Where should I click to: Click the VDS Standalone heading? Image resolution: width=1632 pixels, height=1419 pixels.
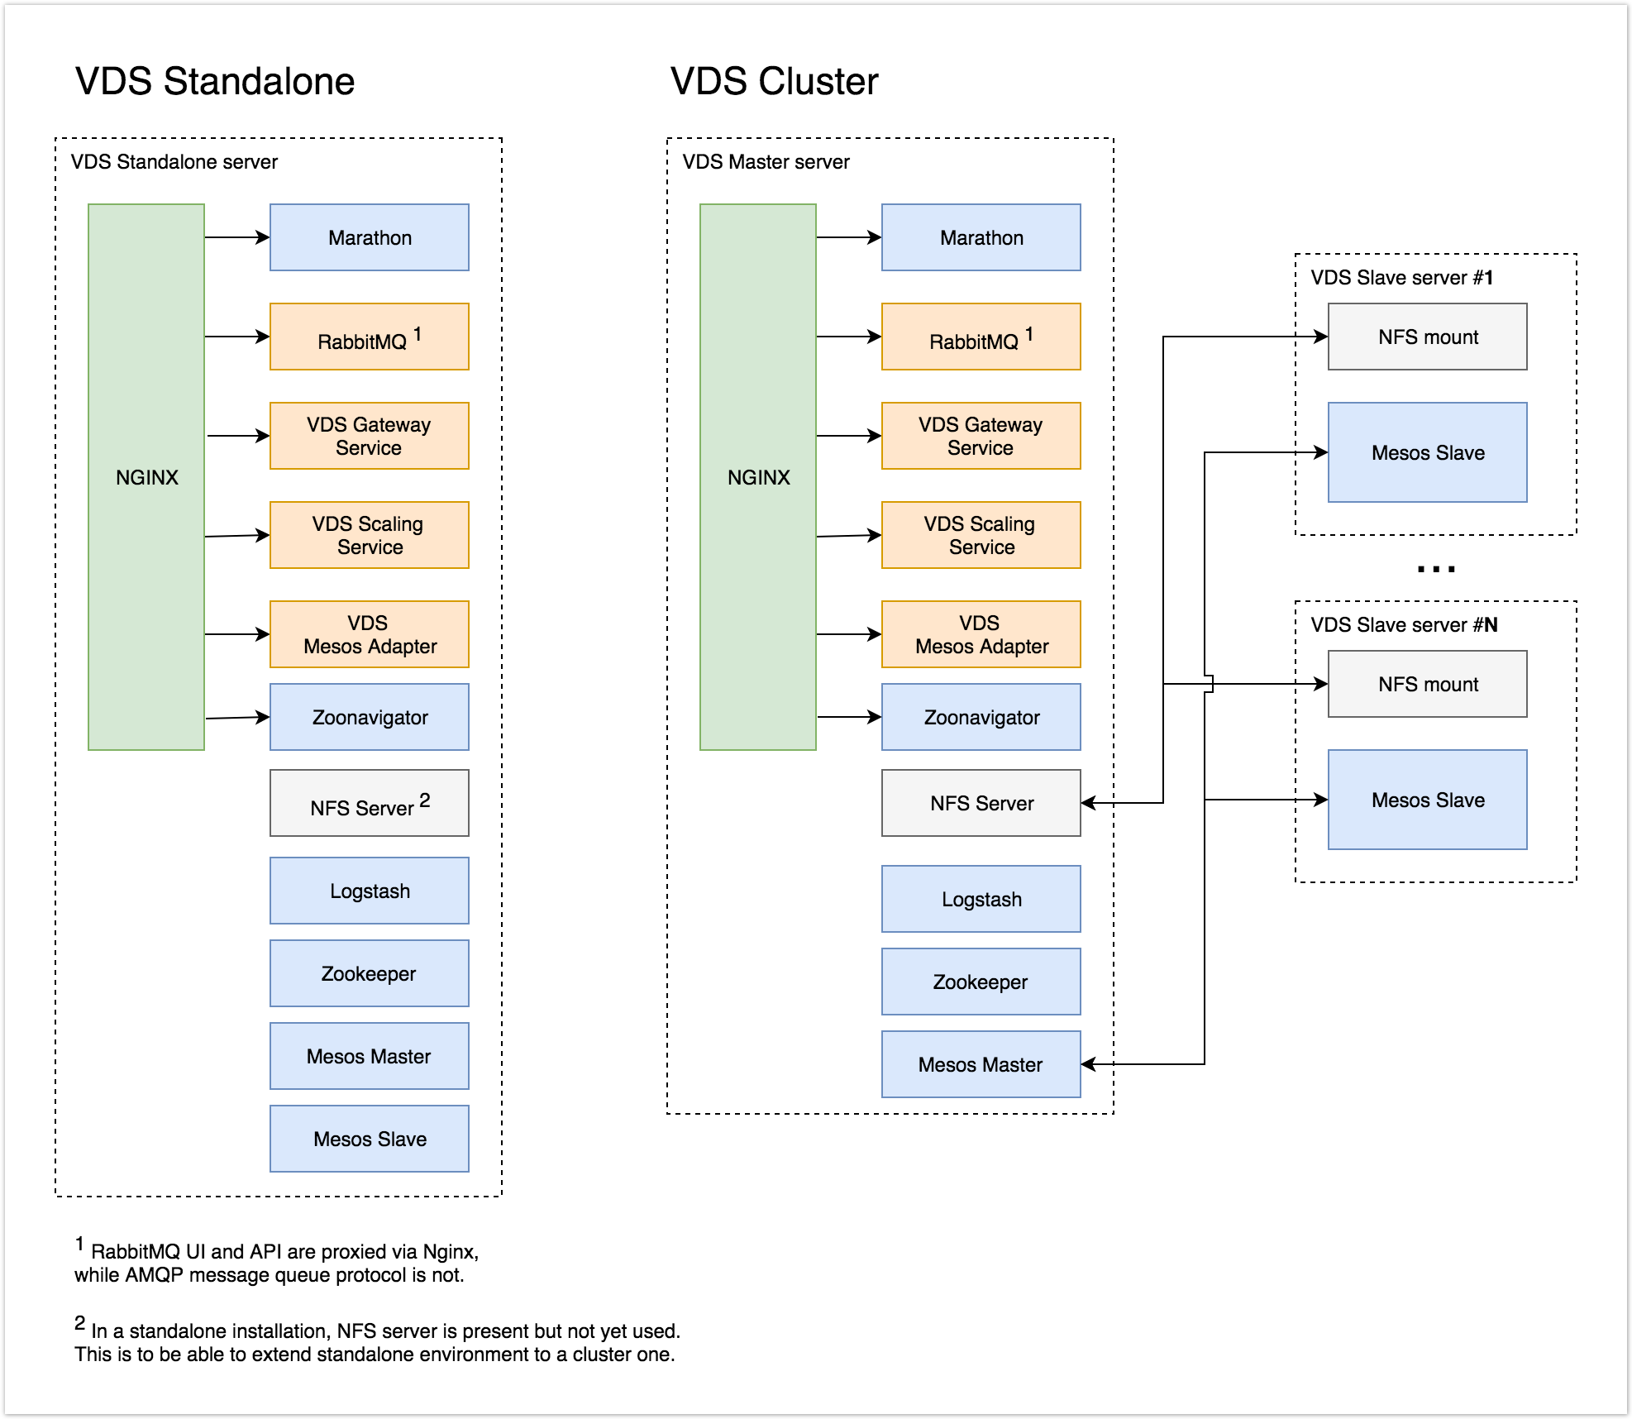point(215,81)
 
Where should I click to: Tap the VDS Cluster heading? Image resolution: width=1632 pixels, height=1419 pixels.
point(774,81)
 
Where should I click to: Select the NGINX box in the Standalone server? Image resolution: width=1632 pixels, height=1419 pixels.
point(146,477)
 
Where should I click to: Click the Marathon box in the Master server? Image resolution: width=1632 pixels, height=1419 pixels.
point(981,237)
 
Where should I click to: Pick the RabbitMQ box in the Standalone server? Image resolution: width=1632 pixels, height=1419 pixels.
point(370,337)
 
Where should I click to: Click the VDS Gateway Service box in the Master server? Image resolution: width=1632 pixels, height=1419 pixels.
point(981,436)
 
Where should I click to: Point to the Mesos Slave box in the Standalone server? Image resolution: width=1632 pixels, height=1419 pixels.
point(370,1139)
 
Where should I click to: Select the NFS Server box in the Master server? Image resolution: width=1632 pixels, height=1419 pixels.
point(981,803)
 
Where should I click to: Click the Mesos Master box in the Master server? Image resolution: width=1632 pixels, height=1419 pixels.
point(981,1064)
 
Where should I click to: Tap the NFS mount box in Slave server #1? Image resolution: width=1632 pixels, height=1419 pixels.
point(1428,337)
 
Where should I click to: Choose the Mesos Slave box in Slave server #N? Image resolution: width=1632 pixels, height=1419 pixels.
point(1428,800)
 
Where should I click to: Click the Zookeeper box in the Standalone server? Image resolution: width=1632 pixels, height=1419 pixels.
point(370,973)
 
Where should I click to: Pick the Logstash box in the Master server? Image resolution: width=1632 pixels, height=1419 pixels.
point(981,899)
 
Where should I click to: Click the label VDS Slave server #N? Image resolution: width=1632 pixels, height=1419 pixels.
point(1404,624)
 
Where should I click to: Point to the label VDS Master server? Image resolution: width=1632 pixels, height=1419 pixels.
point(766,161)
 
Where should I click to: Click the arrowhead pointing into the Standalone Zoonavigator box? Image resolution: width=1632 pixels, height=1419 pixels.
point(263,717)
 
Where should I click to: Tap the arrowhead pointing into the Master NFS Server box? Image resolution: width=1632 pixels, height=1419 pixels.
point(1089,803)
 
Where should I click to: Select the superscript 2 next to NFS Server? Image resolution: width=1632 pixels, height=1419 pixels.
point(425,800)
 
